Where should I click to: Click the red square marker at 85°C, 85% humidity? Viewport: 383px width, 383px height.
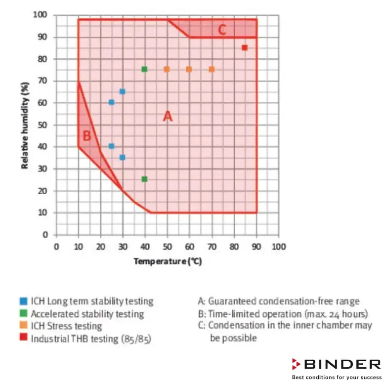coord(245,47)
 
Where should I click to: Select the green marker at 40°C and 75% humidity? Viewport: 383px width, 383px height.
coord(144,69)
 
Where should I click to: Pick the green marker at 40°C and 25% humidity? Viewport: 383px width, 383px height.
coord(144,179)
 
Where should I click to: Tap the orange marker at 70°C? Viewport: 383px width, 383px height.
coord(212,69)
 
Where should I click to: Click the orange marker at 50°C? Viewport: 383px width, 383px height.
coord(167,69)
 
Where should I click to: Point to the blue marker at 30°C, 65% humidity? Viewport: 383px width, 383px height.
coord(122,91)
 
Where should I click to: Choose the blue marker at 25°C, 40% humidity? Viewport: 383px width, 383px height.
coord(111,146)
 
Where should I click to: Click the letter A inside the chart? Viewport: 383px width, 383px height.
coord(168,117)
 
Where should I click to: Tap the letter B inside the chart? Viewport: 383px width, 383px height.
coord(86,136)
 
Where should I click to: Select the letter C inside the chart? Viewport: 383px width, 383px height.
coord(222,30)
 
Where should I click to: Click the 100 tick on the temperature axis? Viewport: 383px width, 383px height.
coord(279,247)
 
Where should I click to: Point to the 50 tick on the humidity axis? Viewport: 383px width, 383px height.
coord(44,125)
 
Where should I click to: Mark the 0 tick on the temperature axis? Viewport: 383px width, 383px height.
coord(56,247)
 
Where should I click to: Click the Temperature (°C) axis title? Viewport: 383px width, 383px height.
coord(168,261)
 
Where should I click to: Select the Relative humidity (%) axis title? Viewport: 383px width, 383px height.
coord(25,125)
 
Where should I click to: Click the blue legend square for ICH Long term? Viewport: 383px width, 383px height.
coord(23,301)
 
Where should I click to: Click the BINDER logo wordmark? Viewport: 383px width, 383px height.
coord(342,365)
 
